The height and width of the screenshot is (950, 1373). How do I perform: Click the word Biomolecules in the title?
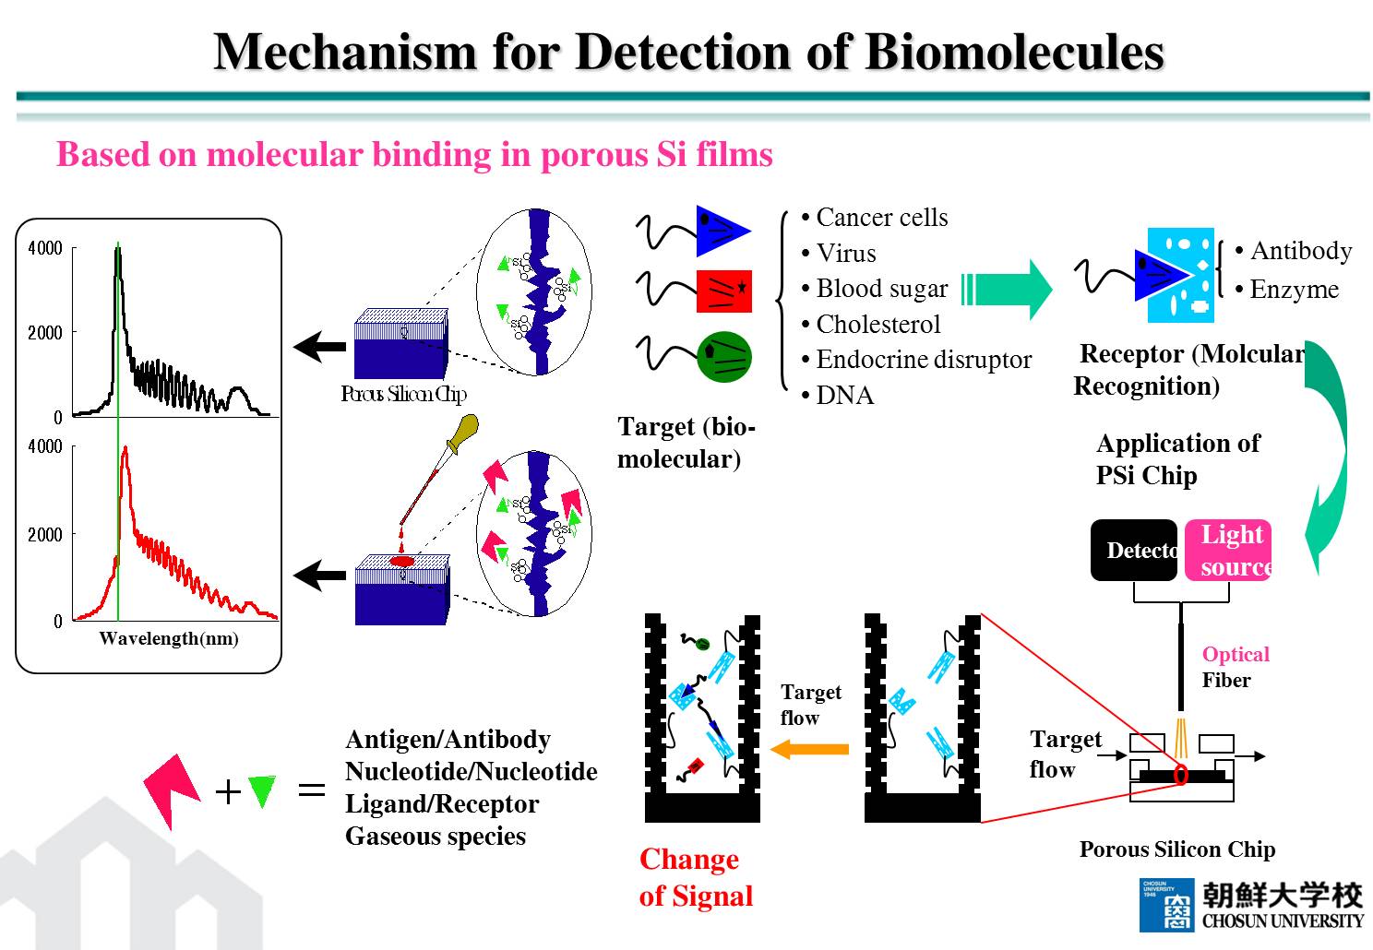tap(1014, 52)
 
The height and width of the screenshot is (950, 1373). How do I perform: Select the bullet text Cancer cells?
tap(881, 218)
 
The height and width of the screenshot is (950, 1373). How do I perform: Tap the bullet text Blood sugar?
tap(881, 289)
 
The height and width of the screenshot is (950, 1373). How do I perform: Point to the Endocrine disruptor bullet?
tap(923, 360)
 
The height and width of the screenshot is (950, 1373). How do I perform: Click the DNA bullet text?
tap(844, 396)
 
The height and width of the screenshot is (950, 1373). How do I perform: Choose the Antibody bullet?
tap(1300, 251)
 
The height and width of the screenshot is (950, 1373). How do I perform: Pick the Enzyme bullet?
tap(1294, 290)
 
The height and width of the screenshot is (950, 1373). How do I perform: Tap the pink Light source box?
tap(1228, 551)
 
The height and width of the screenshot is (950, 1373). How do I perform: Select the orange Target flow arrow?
tap(809, 749)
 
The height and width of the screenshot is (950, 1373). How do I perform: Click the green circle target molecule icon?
tap(725, 358)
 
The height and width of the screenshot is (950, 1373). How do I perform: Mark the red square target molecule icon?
tap(724, 291)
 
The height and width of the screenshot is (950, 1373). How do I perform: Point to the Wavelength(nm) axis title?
tap(169, 638)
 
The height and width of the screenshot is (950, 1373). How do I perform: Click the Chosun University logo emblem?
tap(1167, 905)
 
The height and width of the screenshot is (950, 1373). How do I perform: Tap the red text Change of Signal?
tap(696, 877)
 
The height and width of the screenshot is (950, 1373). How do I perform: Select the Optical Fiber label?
tap(1235, 667)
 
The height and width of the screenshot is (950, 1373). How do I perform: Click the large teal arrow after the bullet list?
tap(1008, 289)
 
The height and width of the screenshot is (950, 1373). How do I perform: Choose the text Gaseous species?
tap(436, 837)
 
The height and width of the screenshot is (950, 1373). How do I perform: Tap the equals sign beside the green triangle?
tap(312, 790)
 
